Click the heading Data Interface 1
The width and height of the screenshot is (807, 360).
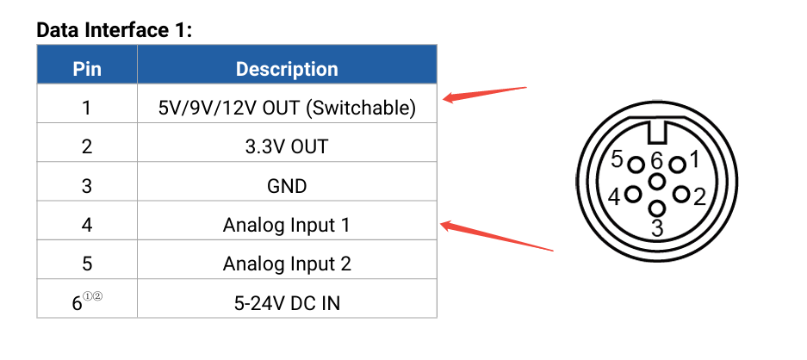tap(114, 30)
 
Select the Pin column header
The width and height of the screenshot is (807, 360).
tap(86, 69)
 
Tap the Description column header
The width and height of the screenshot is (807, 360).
tap(287, 69)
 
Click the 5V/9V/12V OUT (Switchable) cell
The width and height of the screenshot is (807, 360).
tap(287, 108)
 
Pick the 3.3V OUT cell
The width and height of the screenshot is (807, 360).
tap(287, 146)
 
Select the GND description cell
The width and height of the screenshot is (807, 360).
tap(287, 185)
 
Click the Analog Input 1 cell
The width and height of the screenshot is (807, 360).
tap(287, 225)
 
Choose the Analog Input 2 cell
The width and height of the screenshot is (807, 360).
tap(287, 264)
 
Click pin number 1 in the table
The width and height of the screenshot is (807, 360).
tap(86, 108)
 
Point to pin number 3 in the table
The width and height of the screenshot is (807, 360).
tap(86, 185)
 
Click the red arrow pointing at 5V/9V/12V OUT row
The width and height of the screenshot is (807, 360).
tap(484, 93)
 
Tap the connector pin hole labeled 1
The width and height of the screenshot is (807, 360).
tap(677, 164)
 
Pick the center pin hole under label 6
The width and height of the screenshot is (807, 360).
tap(657, 182)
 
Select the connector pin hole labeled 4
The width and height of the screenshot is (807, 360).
tap(632, 195)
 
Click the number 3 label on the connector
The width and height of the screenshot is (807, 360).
tap(656, 228)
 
